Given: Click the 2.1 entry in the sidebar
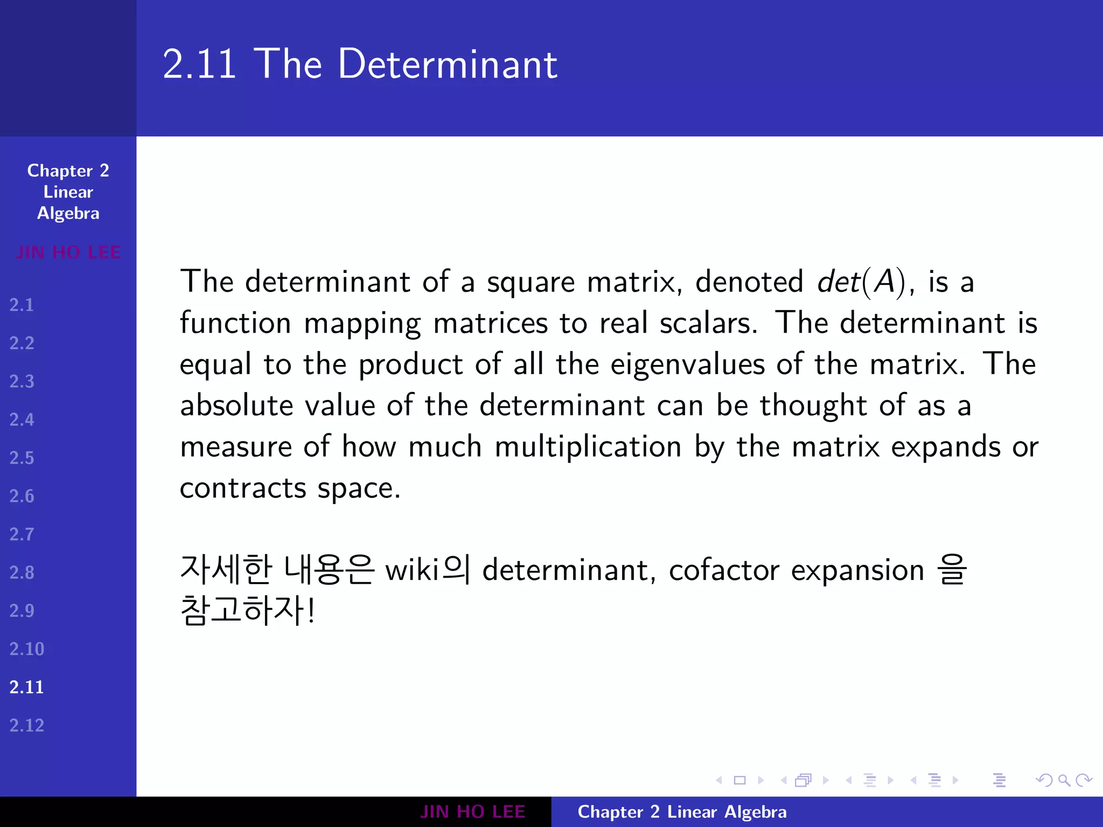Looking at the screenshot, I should coord(22,305).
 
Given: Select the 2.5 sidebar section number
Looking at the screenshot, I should coord(22,458).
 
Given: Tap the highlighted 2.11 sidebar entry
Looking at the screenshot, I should coord(26,688).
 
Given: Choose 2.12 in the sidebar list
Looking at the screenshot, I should coord(26,726).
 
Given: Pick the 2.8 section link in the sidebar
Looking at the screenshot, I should coord(22,573).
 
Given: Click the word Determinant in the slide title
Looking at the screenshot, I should coord(448,65).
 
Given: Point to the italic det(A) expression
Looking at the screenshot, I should coord(861,282).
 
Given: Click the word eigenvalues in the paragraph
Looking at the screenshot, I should coord(687,365).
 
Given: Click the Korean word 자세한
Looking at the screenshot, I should coord(226,570).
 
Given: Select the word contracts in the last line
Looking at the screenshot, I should coord(243,488).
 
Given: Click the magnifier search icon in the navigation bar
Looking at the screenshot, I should coord(1064,780).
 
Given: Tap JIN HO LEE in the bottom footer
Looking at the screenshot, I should coord(472,812).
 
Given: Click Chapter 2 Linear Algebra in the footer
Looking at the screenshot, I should coord(682,812).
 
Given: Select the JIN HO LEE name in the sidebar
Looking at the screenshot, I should coord(68,253).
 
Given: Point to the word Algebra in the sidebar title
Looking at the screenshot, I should coord(68,214).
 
